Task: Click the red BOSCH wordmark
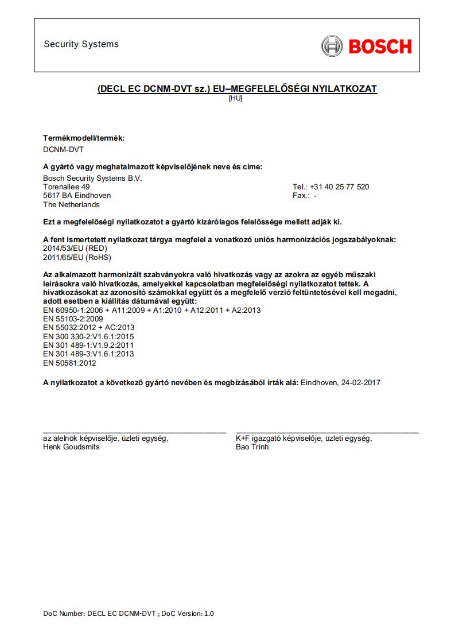click(380, 46)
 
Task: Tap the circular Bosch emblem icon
click(332, 46)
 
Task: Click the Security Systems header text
click(81, 44)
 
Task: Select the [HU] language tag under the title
click(235, 98)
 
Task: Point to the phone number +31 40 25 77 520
click(339, 187)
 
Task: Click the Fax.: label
click(301, 196)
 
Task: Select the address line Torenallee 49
click(67, 187)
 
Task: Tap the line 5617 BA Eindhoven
click(77, 196)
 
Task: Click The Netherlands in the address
click(71, 205)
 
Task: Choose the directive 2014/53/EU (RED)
click(75, 249)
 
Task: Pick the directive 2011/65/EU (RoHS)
click(77, 257)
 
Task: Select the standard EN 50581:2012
click(69, 363)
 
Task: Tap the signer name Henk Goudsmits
click(71, 447)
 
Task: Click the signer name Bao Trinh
click(252, 447)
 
